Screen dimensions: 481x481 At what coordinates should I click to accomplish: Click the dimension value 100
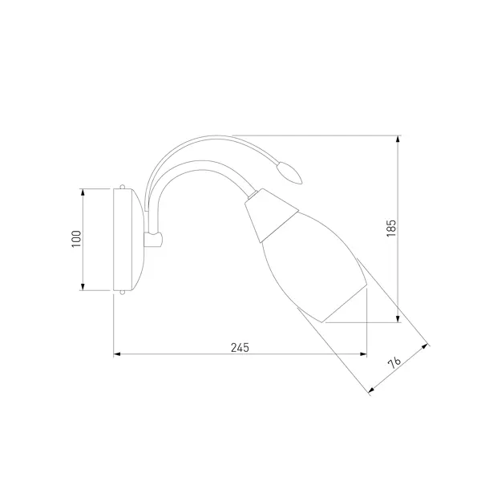[76, 239]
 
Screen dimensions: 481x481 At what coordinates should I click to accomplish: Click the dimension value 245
[240, 348]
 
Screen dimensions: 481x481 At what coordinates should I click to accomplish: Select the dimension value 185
[391, 228]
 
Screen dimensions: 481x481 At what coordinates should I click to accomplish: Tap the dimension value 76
[394, 362]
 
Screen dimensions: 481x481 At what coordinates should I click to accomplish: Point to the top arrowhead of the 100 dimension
[83, 192]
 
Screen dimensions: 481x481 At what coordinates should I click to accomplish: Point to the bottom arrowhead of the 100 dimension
[83, 286]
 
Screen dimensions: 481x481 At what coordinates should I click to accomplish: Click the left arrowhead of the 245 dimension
[117, 354]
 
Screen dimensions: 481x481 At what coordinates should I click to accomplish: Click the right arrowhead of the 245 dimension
[363, 354]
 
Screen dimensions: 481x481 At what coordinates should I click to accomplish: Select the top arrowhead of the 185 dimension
[398, 139]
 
